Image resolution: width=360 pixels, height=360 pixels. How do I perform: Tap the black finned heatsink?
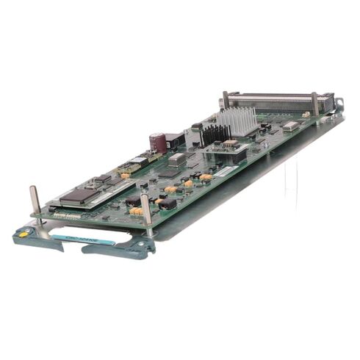tap(215, 134)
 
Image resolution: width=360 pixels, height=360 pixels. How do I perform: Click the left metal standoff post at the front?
tap(35, 202)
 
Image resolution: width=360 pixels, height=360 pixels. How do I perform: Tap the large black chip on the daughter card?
tap(79, 195)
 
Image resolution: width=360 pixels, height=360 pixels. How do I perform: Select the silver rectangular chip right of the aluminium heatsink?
tap(291, 126)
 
